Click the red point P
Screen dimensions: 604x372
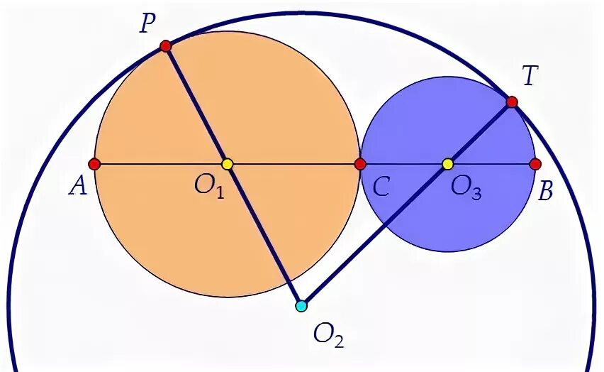pyautogui.click(x=165, y=46)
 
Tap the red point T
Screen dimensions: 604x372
pyautogui.click(x=512, y=102)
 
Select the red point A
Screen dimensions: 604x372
pyautogui.click(x=94, y=164)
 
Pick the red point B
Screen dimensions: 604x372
pyautogui.click(x=535, y=164)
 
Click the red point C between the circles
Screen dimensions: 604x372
pyautogui.click(x=360, y=164)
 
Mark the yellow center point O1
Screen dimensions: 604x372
pyautogui.click(x=227, y=164)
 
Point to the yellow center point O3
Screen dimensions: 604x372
pyautogui.click(x=447, y=164)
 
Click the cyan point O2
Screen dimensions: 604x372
pyautogui.click(x=301, y=306)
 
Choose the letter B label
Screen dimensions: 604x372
pyautogui.click(x=545, y=191)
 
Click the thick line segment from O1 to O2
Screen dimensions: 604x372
pyautogui.click(x=264, y=234)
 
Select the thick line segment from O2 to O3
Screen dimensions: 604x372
pyautogui.click(x=374, y=235)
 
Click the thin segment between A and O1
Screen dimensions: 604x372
pyautogui.click(x=160, y=164)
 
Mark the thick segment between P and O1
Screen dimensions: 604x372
pyautogui.click(x=196, y=104)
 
